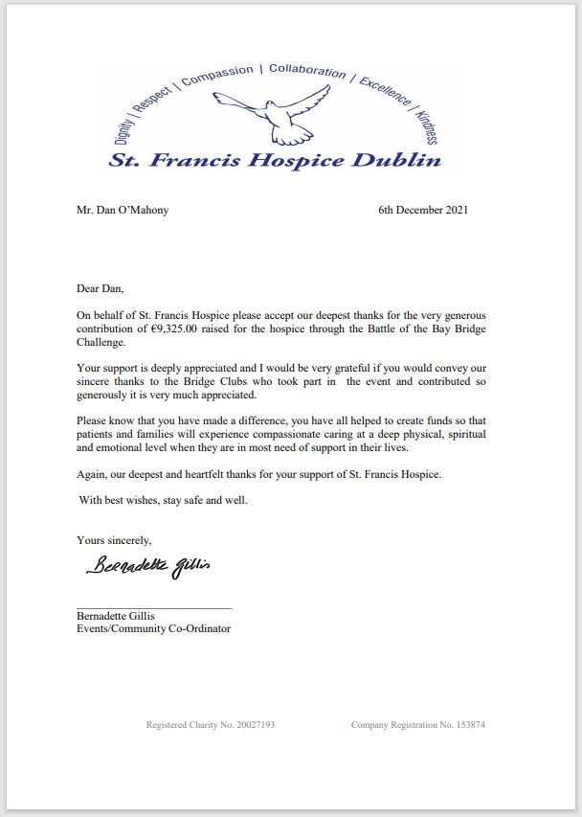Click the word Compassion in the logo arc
pyautogui.click(x=217, y=78)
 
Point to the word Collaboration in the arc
pyautogui.click(x=307, y=71)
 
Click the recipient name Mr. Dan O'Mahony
pyautogui.click(x=123, y=210)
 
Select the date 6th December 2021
pyautogui.click(x=423, y=210)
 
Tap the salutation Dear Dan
pyautogui.click(x=101, y=287)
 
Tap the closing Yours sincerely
pyautogui.click(x=114, y=540)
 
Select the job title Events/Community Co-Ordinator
pyautogui.click(x=153, y=629)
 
